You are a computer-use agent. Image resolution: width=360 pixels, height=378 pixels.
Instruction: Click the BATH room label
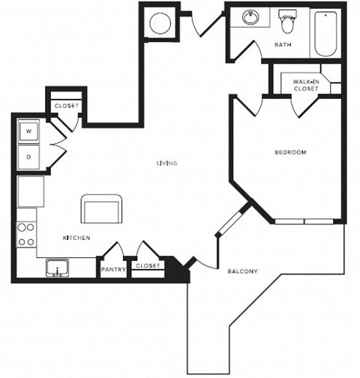(283, 45)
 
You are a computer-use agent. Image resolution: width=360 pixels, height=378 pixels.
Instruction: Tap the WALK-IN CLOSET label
(305, 85)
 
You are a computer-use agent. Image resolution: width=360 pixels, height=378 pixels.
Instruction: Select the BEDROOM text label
(290, 152)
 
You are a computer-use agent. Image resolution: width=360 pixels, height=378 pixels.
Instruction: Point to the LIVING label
(166, 163)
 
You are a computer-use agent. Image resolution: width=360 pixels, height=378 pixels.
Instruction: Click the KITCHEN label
(76, 238)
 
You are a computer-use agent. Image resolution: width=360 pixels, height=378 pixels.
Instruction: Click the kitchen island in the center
(102, 208)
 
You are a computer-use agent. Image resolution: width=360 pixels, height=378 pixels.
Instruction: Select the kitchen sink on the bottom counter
(57, 267)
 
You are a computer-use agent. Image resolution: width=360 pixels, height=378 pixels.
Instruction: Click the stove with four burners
(26, 234)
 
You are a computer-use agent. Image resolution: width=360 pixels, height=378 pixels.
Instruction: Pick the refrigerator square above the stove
(31, 191)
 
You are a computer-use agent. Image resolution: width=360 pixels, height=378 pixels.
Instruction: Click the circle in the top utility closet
(160, 22)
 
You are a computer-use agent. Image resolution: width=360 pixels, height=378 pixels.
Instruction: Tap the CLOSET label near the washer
(66, 106)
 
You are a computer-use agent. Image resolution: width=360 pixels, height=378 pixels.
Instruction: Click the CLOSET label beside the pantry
(148, 265)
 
